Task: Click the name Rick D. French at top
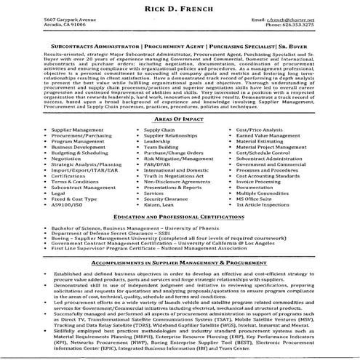[x=180, y=8]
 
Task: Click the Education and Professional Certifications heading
[x=180, y=217]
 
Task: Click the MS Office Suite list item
[x=254, y=199]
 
